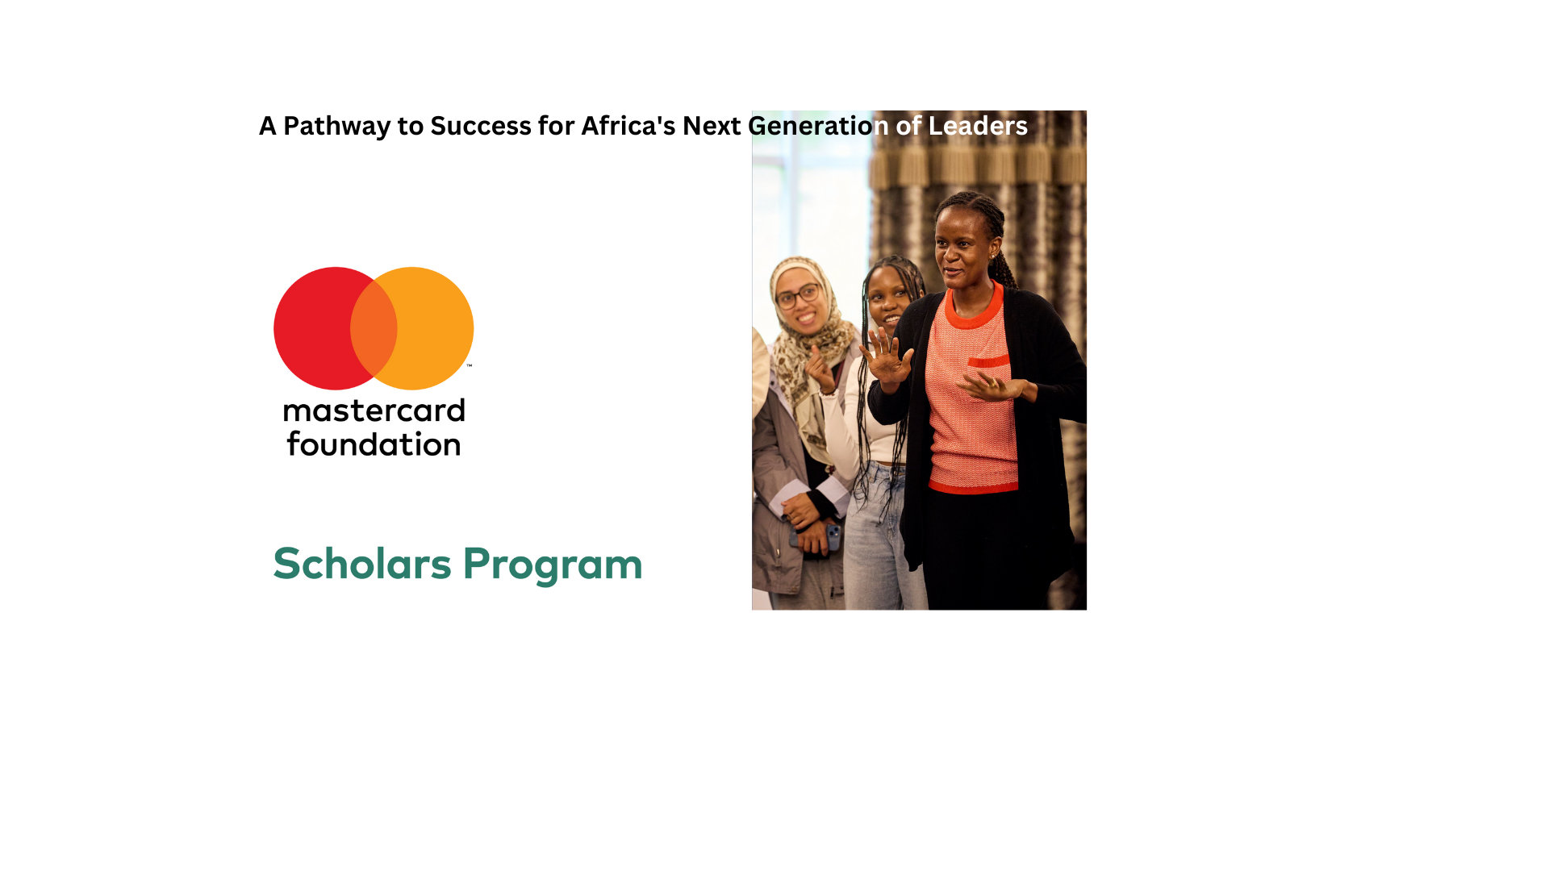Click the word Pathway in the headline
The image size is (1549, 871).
click(336, 127)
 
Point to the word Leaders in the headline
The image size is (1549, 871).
click(978, 127)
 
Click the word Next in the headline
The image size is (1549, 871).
click(712, 127)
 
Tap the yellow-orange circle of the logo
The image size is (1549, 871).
click(436, 328)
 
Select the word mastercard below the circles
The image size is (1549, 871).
click(374, 411)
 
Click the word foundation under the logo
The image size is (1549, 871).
click(374, 445)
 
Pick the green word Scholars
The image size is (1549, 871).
click(362, 564)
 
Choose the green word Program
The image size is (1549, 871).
click(553, 565)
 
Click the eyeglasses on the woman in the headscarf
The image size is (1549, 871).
click(797, 297)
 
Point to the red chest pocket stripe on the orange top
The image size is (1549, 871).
click(989, 361)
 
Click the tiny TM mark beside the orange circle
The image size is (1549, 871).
click(469, 366)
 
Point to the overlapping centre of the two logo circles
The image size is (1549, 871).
click(374, 328)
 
